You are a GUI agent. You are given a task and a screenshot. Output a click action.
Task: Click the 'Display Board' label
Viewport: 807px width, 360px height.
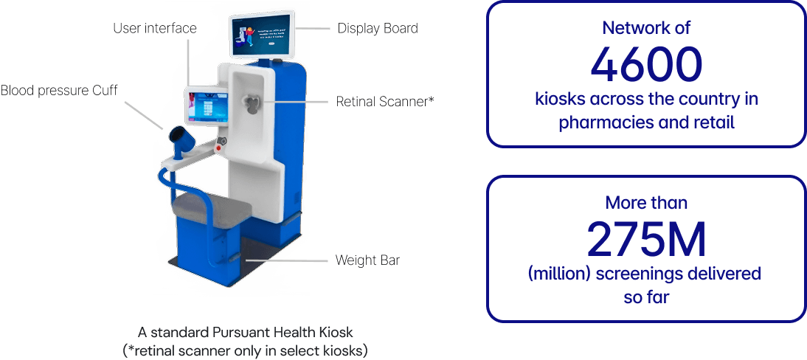pyautogui.click(x=377, y=29)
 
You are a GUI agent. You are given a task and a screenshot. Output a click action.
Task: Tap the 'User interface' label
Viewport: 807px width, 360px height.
pyautogui.click(x=154, y=29)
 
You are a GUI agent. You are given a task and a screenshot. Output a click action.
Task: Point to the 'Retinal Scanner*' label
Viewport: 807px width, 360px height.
pyautogui.click(x=385, y=102)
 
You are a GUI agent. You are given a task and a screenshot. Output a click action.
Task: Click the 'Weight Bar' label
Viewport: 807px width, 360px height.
pyautogui.click(x=367, y=260)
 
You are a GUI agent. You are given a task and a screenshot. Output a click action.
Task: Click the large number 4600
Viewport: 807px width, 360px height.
pyautogui.click(x=645, y=66)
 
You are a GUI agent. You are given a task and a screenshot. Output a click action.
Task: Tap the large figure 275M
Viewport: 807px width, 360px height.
pyautogui.click(x=645, y=238)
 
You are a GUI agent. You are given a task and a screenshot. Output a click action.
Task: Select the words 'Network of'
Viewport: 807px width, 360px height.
pyautogui.click(x=645, y=29)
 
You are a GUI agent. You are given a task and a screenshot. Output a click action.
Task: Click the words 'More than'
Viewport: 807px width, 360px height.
pyautogui.click(x=645, y=201)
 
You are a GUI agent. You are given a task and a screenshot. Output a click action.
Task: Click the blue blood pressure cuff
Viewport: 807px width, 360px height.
pyautogui.click(x=181, y=139)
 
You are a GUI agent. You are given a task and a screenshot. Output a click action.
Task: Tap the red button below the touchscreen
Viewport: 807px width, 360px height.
pyautogui.click(x=218, y=148)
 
